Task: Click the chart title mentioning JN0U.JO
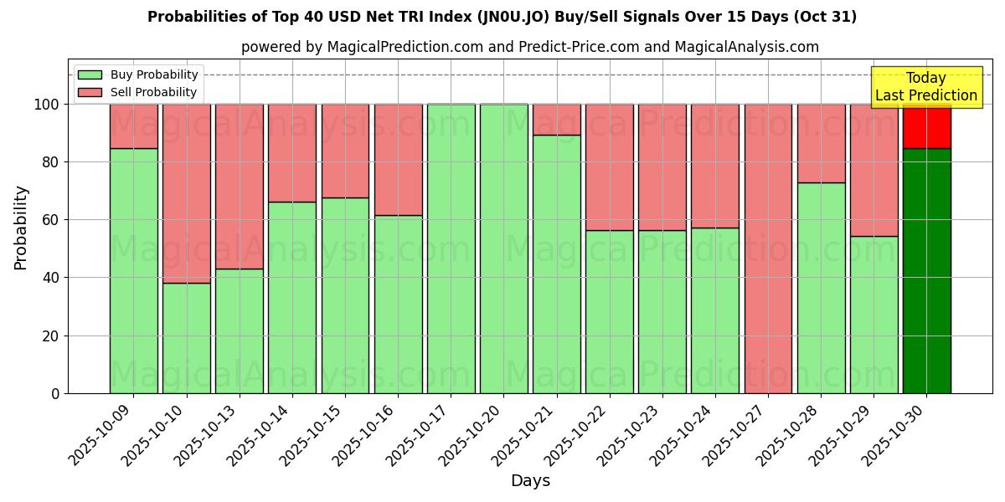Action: coord(502,17)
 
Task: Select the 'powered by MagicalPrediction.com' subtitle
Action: coord(529,47)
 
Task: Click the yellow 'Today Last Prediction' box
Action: coord(926,87)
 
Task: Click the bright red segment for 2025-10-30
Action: coord(926,125)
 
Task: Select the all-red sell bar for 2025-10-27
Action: coord(768,248)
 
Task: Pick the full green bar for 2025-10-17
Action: coord(451,248)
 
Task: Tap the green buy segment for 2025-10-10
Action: coord(186,338)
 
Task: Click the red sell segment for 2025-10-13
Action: coord(239,186)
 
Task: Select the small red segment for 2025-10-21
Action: coord(556,119)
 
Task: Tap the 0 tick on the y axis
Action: coord(56,393)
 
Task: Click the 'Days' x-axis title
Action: coord(530,481)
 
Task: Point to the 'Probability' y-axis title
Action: coord(21,228)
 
